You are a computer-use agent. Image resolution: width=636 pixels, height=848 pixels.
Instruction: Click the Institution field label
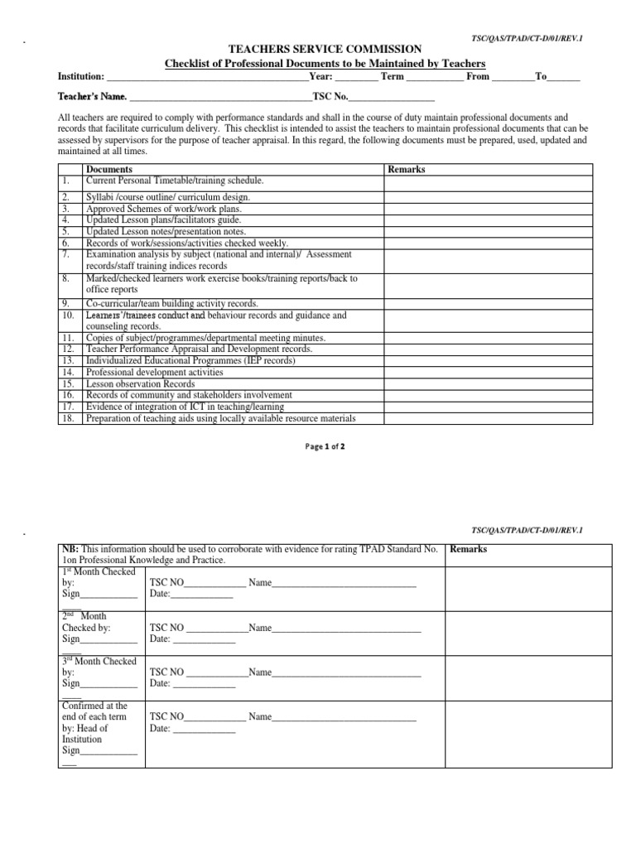(x=80, y=76)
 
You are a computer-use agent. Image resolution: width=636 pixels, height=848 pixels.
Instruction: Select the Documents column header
(x=109, y=169)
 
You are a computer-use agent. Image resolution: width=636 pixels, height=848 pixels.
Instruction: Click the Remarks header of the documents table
(x=406, y=169)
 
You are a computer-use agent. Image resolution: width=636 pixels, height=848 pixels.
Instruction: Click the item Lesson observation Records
(x=141, y=384)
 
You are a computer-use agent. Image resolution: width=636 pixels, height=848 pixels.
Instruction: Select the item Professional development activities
(x=156, y=373)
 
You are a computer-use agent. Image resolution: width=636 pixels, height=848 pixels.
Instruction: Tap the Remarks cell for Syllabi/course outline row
(x=487, y=197)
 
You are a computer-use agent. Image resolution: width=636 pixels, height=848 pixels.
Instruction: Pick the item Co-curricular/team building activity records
(x=172, y=304)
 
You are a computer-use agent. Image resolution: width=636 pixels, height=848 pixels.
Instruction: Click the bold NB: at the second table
(x=70, y=549)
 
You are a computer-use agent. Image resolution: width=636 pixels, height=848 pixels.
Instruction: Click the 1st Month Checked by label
(x=99, y=577)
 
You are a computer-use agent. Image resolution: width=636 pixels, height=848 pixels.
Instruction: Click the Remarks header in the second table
(x=468, y=549)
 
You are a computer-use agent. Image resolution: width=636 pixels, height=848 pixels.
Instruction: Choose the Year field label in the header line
(x=320, y=76)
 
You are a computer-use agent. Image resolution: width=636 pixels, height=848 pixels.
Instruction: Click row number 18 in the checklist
(x=67, y=419)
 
